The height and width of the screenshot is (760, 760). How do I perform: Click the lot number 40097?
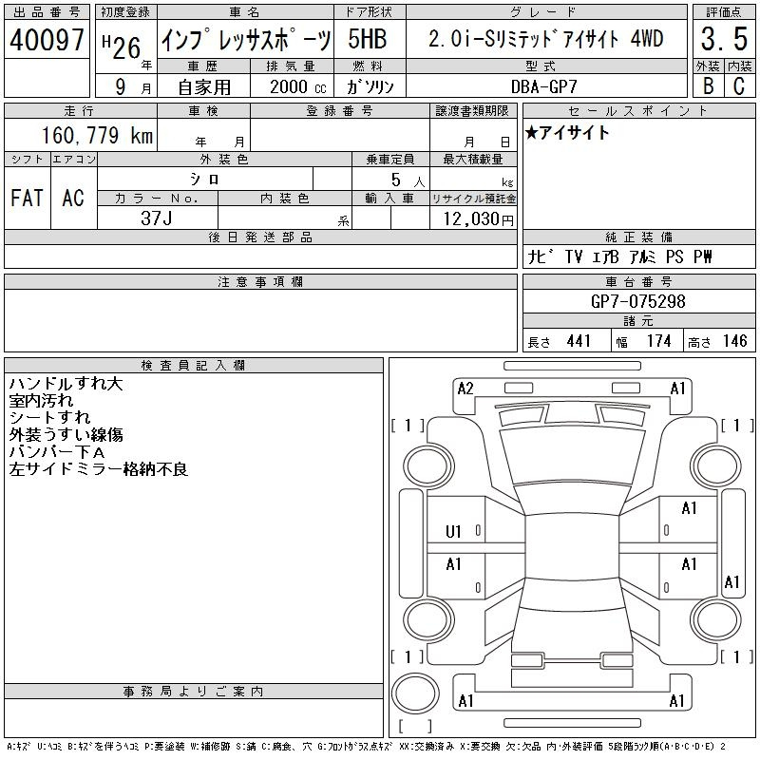[x=47, y=39]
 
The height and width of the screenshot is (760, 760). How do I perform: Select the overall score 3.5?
[x=724, y=39]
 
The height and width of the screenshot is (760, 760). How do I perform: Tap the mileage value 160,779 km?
[x=97, y=135]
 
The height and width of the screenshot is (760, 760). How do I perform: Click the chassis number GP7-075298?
[x=637, y=301]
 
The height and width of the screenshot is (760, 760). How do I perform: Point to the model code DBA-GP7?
[x=543, y=86]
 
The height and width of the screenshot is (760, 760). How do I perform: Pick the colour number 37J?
[x=157, y=218]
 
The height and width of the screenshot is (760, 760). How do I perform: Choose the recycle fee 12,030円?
[x=478, y=218]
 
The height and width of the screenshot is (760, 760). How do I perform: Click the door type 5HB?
[x=368, y=39]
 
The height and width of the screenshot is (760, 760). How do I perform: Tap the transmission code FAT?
[x=28, y=198]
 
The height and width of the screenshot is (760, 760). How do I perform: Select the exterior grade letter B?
[x=708, y=85]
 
